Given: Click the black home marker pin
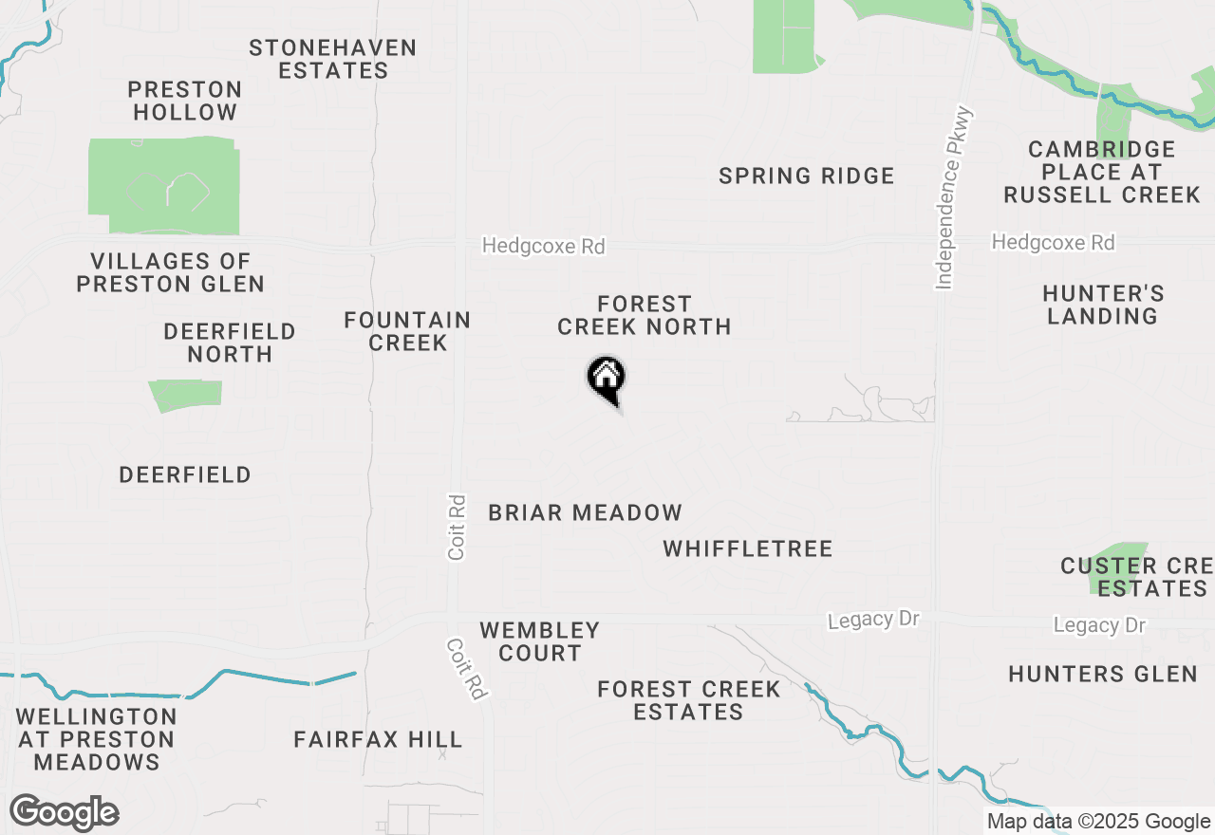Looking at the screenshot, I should tap(606, 379).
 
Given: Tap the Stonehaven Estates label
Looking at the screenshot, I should tap(332, 59).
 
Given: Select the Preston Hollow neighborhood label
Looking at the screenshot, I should tap(185, 101).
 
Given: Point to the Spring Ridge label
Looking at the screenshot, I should tap(806, 176).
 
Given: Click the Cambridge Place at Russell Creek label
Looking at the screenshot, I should tap(1101, 172).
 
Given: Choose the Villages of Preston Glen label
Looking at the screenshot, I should tap(171, 272).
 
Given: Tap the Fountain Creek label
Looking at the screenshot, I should tap(407, 331).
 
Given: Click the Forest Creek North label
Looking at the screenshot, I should tap(644, 315).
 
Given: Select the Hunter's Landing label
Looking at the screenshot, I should tap(1102, 305).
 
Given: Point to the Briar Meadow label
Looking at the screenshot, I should tap(585, 513).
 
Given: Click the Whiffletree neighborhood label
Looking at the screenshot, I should tap(748, 548).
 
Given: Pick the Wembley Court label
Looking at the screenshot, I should tap(539, 641).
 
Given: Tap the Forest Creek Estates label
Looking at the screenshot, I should tap(688, 700).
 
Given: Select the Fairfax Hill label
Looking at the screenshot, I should tap(378, 739).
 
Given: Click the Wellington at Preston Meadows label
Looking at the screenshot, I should tap(96, 739).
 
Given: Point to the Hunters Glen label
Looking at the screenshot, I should tap(1102, 674).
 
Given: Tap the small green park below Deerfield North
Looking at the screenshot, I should tap(185, 395).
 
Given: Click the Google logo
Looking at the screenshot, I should tap(64, 813).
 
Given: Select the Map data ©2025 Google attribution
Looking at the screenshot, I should tap(1098, 822).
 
